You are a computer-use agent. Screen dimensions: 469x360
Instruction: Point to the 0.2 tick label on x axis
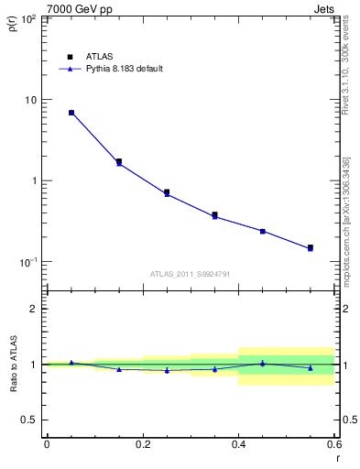coord(142,446)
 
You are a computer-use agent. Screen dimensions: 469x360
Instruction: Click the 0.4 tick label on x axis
coord(238,446)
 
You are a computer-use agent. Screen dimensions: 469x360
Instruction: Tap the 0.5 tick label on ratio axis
coord(30,420)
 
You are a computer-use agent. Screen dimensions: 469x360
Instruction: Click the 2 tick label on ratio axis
coord(34,309)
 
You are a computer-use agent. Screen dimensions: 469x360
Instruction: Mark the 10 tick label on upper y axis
coord(31,100)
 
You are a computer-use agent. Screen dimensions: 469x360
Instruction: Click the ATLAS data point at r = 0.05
coord(71,113)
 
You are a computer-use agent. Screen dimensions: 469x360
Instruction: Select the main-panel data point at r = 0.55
coord(311,247)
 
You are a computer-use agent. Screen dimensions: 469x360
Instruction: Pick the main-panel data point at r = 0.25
coord(167,192)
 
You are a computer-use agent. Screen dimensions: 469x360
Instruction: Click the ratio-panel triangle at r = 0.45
coord(263,364)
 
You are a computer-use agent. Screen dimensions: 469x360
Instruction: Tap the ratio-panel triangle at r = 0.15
coord(119,369)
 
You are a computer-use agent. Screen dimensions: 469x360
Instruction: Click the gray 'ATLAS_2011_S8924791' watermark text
coord(190,274)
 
